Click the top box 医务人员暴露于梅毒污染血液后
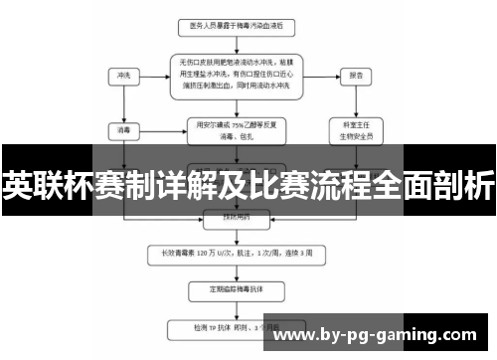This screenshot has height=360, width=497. pos(236,24)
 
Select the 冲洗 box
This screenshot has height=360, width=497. pos(124,75)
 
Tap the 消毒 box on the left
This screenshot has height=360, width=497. pos(124,128)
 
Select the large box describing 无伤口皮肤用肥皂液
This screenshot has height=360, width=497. pos(236,75)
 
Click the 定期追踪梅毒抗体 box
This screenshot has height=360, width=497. pos(236,290)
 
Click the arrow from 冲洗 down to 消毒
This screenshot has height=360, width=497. pos(124,102)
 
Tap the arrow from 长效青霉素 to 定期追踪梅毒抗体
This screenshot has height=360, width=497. pos(236,270)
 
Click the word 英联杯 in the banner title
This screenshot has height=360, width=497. pos(37,186)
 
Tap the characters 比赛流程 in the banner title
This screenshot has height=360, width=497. pos(327,186)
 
